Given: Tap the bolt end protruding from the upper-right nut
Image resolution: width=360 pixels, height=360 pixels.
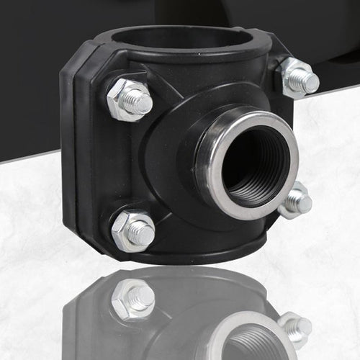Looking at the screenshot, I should point(308,82).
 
